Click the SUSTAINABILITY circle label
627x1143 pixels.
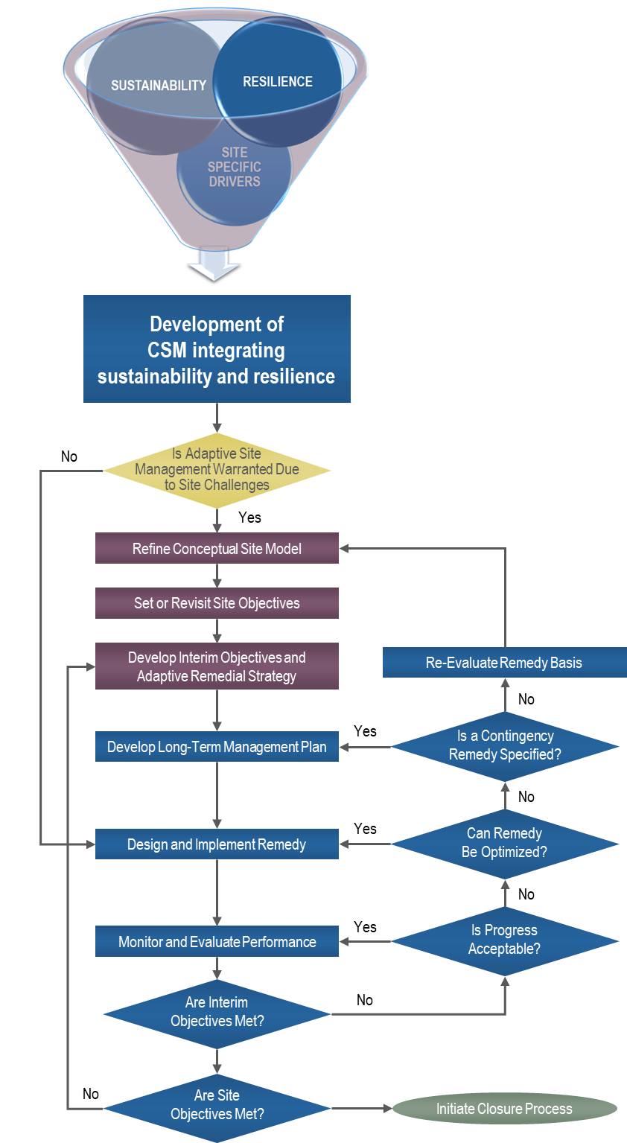point(158,86)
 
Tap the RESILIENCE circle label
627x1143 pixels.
point(278,82)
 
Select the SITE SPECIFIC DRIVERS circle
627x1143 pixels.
point(234,168)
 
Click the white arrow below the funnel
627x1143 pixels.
point(214,264)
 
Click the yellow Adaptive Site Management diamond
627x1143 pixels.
point(217,470)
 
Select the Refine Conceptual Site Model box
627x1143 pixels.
point(217,549)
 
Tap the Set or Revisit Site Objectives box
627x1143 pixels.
point(217,603)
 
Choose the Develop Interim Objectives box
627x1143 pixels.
point(217,666)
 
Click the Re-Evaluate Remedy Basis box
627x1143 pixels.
point(504,663)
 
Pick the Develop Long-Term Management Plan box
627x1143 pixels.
point(217,747)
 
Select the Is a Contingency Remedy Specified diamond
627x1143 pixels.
point(505,745)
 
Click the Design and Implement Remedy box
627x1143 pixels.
point(217,844)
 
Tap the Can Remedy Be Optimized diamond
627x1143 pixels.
point(505,843)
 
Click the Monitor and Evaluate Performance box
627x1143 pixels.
point(217,942)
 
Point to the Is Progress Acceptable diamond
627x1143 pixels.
point(505,940)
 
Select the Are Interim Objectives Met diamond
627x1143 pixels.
point(217,1012)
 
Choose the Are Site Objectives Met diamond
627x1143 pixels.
point(217,1105)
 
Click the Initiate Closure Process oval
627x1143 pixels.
point(504,1109)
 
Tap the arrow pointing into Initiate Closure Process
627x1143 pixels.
point(386,1109)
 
